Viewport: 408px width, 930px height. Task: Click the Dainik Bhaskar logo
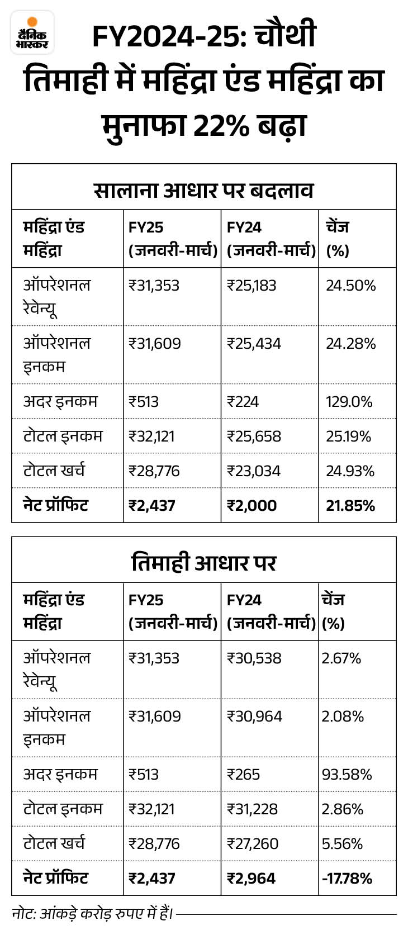click(x=32, y=32)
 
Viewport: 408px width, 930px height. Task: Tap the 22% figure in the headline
click(x=221, y=125)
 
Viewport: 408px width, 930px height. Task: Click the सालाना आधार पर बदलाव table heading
click(x=203, y=189)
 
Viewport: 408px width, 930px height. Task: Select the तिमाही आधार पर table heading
click(x=203, y=562)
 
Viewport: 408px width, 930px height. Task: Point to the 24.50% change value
click(x=350, y=286)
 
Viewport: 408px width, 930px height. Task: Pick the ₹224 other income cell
click(x=243, y=401)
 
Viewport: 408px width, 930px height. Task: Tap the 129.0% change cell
click(x=349, y=401)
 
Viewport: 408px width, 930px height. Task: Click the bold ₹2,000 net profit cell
click(x=252, y=506)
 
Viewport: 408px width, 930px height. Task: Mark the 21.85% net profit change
click(x=350, y=506)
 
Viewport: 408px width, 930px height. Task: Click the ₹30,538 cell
click(x=254, y=658)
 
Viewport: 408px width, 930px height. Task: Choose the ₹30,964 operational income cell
click(x=254, y=716)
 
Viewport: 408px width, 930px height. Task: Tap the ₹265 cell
click(x=243, y=774)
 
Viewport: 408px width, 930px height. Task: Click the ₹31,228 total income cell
click(x=253, y=809)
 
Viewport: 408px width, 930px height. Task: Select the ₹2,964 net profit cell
click(x=251, y=878)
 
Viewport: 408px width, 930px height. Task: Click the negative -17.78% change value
click(x=347, y=878)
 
